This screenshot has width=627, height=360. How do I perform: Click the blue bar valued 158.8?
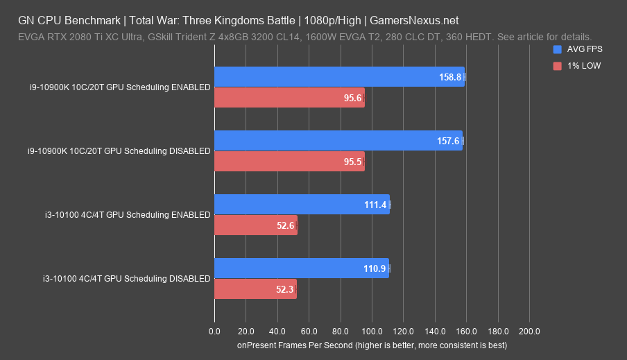pyautogui.click(x=339, y=77)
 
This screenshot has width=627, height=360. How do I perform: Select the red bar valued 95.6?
pyautogui.click(x=289, y=98)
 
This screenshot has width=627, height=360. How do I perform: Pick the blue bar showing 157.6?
pyautogui.click(x=338, y=141)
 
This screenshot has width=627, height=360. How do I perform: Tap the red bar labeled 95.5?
pyautogui.click(x=289, y=162)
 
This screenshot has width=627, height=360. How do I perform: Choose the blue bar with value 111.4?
pyautogui.click(x=302, y=205)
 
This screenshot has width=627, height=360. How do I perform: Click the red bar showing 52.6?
pyautogui.click(x=256, y=225)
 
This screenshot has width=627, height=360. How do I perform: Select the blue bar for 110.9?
pyautogui.click(x=301, y=268)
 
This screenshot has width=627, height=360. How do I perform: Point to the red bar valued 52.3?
pyautogui.click(x=255, y=289)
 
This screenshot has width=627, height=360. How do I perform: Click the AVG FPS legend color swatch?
pyautogui.click(x=557, y=50)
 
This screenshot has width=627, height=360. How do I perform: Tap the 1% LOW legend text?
pyautogui.click(x=585, y=66)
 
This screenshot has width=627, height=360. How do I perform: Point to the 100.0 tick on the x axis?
pyautogui.click(x=372, y=331)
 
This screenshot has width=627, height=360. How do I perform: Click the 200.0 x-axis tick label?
pyautogui.click(x=530, y=331)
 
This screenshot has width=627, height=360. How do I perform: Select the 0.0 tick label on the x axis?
pyautogui.click(x=214, y=331)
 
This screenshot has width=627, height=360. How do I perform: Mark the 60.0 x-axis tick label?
pyautogui.click(x=309, y=331)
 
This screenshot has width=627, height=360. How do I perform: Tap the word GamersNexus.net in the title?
pyautogui.click(x=415, y=21)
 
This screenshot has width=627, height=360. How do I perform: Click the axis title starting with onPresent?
pyautogui.click(x=372, y=345)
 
